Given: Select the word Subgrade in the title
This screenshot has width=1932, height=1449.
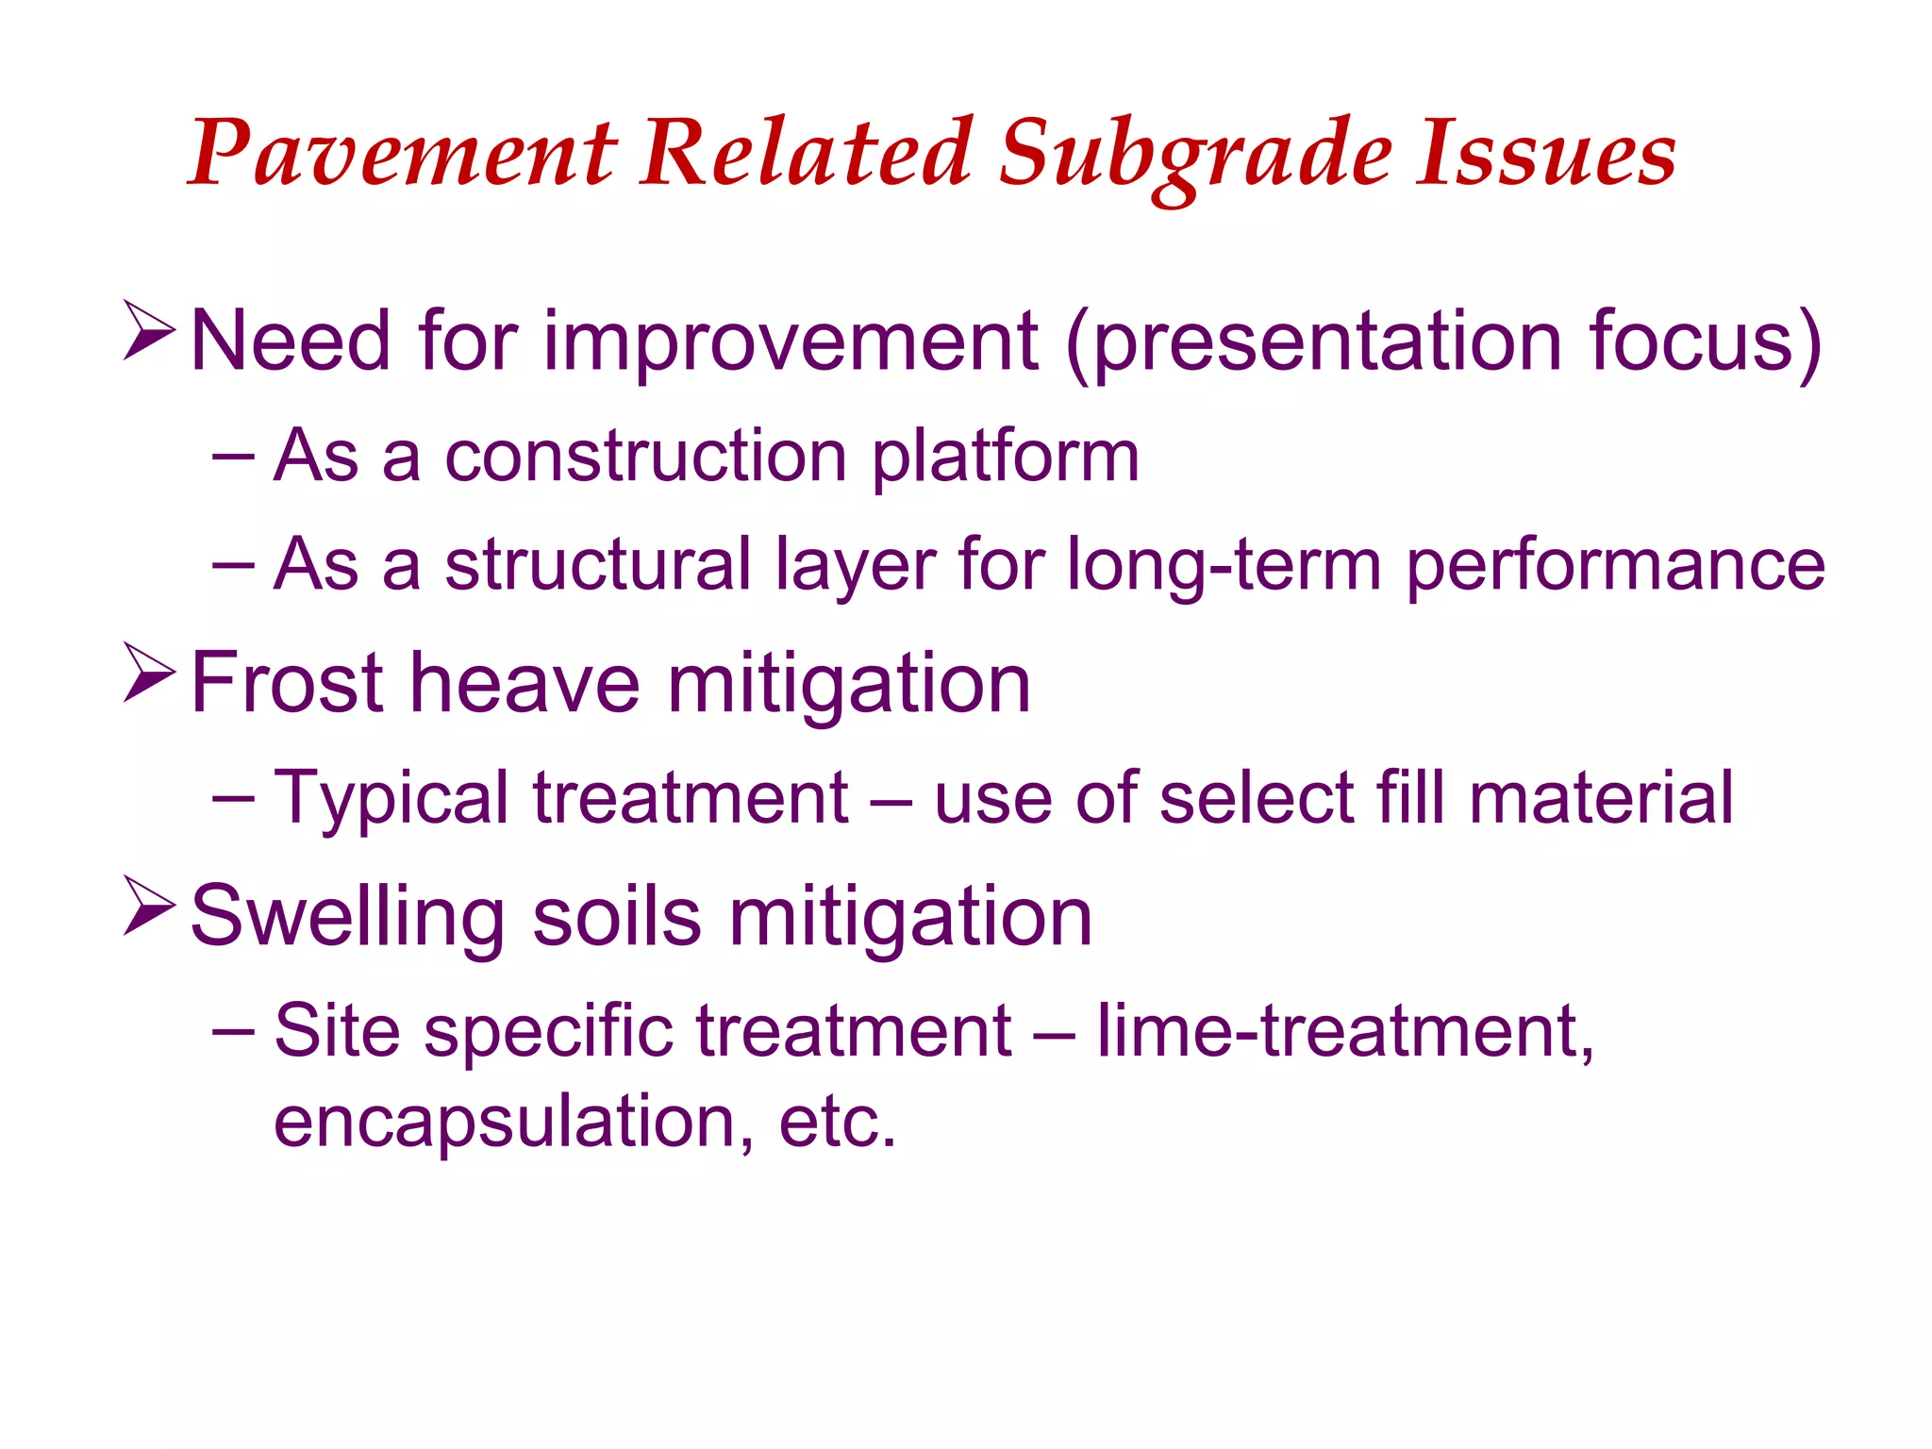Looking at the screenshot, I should coord(1194,153).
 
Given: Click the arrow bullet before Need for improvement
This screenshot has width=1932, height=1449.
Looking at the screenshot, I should coord(149,331).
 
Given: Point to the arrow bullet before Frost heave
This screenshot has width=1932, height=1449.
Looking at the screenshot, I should coord(149,673).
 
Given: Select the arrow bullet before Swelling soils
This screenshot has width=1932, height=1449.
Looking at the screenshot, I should coord(149,906).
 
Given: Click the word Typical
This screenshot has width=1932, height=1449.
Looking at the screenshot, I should coord(391,798).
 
